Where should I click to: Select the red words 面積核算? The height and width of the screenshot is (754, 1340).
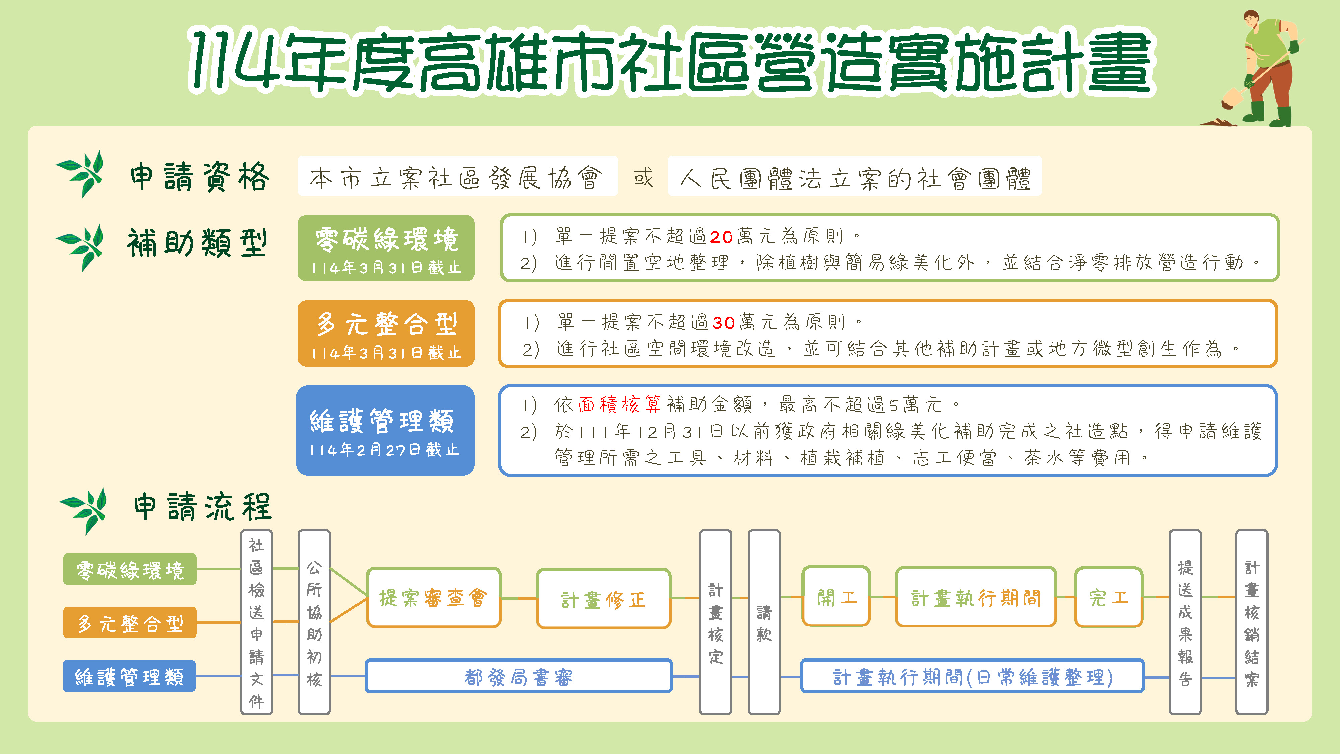tap(619, 404)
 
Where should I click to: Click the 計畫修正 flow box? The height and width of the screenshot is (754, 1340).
tap(603, 599)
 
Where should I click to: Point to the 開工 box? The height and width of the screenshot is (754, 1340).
tap(836, 596)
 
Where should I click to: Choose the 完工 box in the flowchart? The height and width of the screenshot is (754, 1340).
tap(1109, 597)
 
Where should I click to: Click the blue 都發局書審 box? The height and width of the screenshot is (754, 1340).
tap(519, 676)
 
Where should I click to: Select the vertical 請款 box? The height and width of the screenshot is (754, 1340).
tap(764, 622)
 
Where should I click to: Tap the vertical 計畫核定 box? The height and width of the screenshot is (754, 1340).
tap(716, 622)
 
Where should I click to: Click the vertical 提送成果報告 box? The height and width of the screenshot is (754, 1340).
tap(1185, 622)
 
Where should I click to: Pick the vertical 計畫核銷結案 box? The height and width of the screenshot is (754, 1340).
tap(1252, 622)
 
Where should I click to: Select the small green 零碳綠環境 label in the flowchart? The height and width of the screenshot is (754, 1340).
tap(130, 569)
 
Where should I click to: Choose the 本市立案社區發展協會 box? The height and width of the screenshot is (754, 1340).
tap(458, 176)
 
